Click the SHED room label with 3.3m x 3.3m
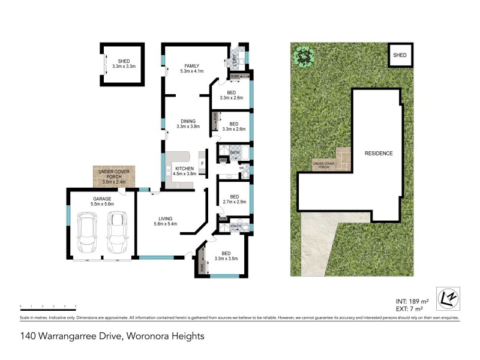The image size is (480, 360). (x=124, y=64)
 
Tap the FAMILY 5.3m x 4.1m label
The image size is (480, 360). (x=192, y=68)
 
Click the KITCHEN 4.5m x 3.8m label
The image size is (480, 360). (x=184, y=171)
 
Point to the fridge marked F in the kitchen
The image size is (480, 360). (x=203, y=163)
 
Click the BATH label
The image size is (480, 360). (x=235, y=153)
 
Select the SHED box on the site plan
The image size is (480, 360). (x=400, y=55)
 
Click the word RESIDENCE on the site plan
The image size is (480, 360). (x=379, y=154)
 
